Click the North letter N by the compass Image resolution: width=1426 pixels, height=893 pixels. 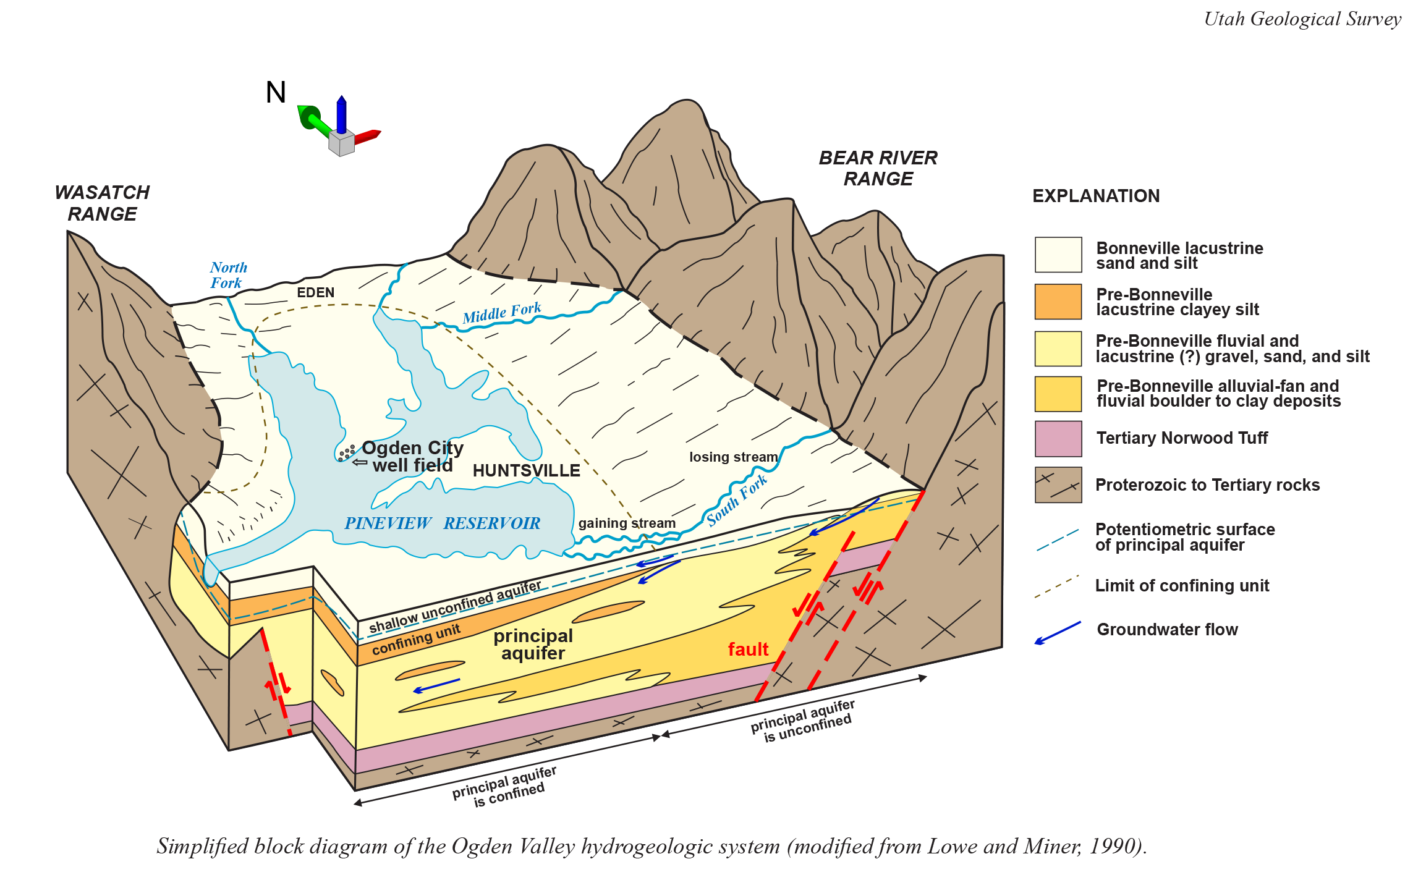[276, 93]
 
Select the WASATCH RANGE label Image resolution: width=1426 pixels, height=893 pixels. [102, 203]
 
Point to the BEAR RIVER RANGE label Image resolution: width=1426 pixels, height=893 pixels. [878, 168]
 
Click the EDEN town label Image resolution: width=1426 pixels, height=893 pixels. [315, 292]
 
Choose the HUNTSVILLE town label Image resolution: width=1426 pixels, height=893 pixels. [526, 471]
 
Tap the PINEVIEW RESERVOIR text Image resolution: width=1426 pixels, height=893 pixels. [442, 523]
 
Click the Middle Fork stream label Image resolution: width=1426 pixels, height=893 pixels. [501, 313]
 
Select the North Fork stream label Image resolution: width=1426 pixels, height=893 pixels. [227, 275]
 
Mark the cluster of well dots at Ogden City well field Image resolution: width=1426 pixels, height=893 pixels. [347, 452]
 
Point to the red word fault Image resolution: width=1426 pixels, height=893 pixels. [748, 650]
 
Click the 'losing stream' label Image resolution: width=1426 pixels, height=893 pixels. [733, 457]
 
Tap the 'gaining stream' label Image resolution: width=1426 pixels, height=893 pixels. [627, 523]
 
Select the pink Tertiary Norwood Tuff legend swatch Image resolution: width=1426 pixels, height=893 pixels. [1058, 439]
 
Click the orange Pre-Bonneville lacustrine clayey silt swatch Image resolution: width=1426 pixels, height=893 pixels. [1058, 302]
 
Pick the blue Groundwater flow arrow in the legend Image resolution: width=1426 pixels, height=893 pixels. [1058, 633]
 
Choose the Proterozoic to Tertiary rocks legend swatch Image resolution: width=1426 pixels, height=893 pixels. [1058, 485]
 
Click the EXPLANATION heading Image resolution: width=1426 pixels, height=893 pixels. [1096, 196]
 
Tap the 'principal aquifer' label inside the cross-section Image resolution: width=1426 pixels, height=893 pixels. [533, 645]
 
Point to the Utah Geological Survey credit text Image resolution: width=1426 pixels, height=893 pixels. [1302, 19]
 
